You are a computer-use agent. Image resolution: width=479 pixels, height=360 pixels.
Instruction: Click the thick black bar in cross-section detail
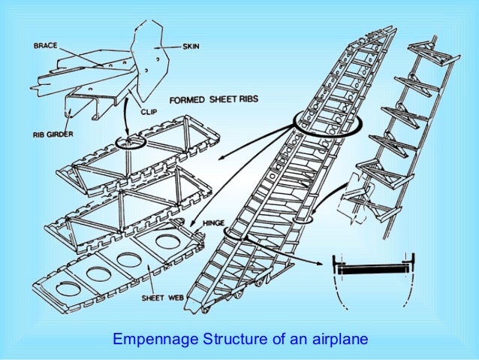point(372,266)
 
